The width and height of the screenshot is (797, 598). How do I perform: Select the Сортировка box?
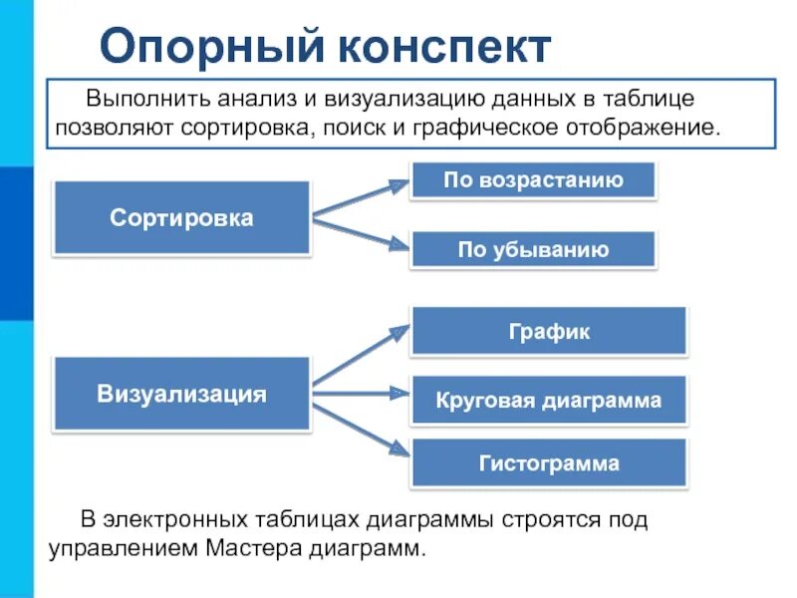click(x=181, y=217)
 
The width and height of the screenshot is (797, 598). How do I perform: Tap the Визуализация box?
click(x=181, y=394)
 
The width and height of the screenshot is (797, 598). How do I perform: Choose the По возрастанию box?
click(x=533, y=180)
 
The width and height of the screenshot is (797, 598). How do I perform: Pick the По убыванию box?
click(x=533, y=249)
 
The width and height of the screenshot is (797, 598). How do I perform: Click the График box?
click(x=548, y=331)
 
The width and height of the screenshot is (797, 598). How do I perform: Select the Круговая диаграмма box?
click(x=548, y=401)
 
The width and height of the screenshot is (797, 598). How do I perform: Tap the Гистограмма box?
click(x=548, y=463)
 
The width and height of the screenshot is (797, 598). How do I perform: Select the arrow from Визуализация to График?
click(x=361, y=356)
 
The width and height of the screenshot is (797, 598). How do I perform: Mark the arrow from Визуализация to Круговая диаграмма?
click(x=361, y=394)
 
